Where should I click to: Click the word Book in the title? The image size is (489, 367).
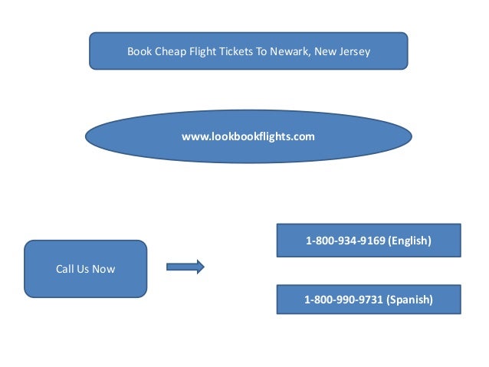point(138,52)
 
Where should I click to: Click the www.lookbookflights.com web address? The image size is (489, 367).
point(248,136)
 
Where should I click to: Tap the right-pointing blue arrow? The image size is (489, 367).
point(185,267)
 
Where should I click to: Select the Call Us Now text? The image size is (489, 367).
point(85,269)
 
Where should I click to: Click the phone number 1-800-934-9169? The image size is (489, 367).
point(346,241)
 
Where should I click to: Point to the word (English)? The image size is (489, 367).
point(409,241)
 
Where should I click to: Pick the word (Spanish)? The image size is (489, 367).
point(409,300)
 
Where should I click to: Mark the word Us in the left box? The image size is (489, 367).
point(84,269)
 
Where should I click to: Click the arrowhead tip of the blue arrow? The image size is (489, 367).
point(202,267)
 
